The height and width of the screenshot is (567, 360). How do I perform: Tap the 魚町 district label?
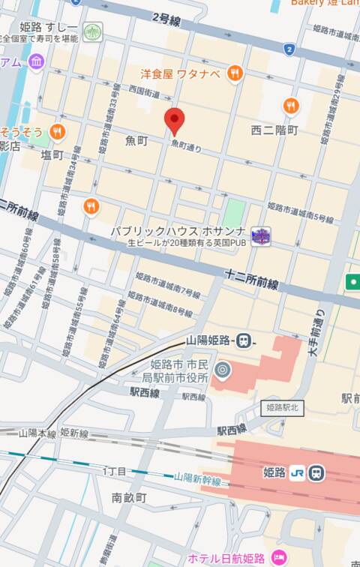pos(137,140)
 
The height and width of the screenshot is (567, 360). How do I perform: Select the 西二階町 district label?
pos(274,130)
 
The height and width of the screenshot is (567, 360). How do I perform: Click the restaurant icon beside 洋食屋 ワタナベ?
pos(235,73)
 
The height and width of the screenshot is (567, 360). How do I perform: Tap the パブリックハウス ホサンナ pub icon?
pos(261,235)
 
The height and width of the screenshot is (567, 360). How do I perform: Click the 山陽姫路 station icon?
pos(244,340)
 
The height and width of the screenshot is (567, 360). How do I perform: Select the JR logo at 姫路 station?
pos(298,473)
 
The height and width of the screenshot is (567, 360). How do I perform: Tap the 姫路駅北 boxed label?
pos(282,408)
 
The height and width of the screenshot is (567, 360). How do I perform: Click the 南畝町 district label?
pos(129,497)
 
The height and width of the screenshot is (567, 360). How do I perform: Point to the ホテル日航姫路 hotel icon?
pos(279,557)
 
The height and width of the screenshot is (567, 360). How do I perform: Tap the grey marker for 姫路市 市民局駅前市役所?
pos(222,370)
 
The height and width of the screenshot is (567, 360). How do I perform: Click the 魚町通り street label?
pos(187,146)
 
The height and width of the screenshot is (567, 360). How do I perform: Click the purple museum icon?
pos(36,61)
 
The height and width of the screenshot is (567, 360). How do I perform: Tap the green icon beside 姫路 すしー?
pos(92,32)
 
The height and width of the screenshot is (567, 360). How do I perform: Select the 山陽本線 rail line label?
pos(38,433)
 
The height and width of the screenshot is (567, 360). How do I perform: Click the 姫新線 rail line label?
pos(74,433)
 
